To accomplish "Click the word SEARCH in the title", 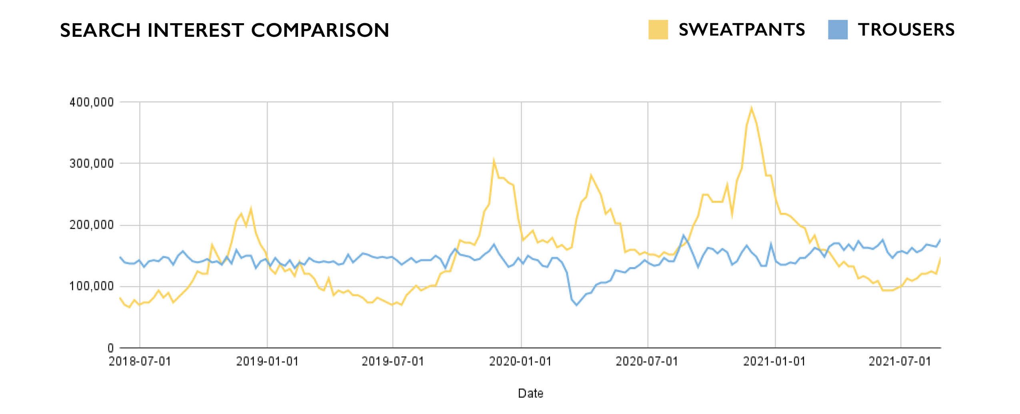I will click(100, 30).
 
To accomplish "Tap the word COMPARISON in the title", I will click(320, 30).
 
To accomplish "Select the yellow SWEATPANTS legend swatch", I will click(658, 30).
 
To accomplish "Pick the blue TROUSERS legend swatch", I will click(838, 30).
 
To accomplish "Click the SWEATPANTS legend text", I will click(742, 30).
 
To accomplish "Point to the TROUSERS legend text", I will click(906, 30).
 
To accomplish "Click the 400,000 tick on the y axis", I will click(92, 102).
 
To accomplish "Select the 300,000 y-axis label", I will click(92, 164).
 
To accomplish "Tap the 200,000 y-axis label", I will click(92, 225).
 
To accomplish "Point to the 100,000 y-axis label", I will click(92, 286).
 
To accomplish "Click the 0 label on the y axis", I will click(110, 348).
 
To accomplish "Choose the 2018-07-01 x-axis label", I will click(140, 362).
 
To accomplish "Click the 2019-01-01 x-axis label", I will click(267, 362).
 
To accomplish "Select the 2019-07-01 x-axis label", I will click(393, 362).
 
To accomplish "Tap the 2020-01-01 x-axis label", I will click(520, 362).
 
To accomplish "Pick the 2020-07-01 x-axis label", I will click(647, 362).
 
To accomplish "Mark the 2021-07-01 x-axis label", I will click(900, 362).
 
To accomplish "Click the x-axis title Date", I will click(530, 394).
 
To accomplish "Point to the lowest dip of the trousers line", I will click(576, 305).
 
